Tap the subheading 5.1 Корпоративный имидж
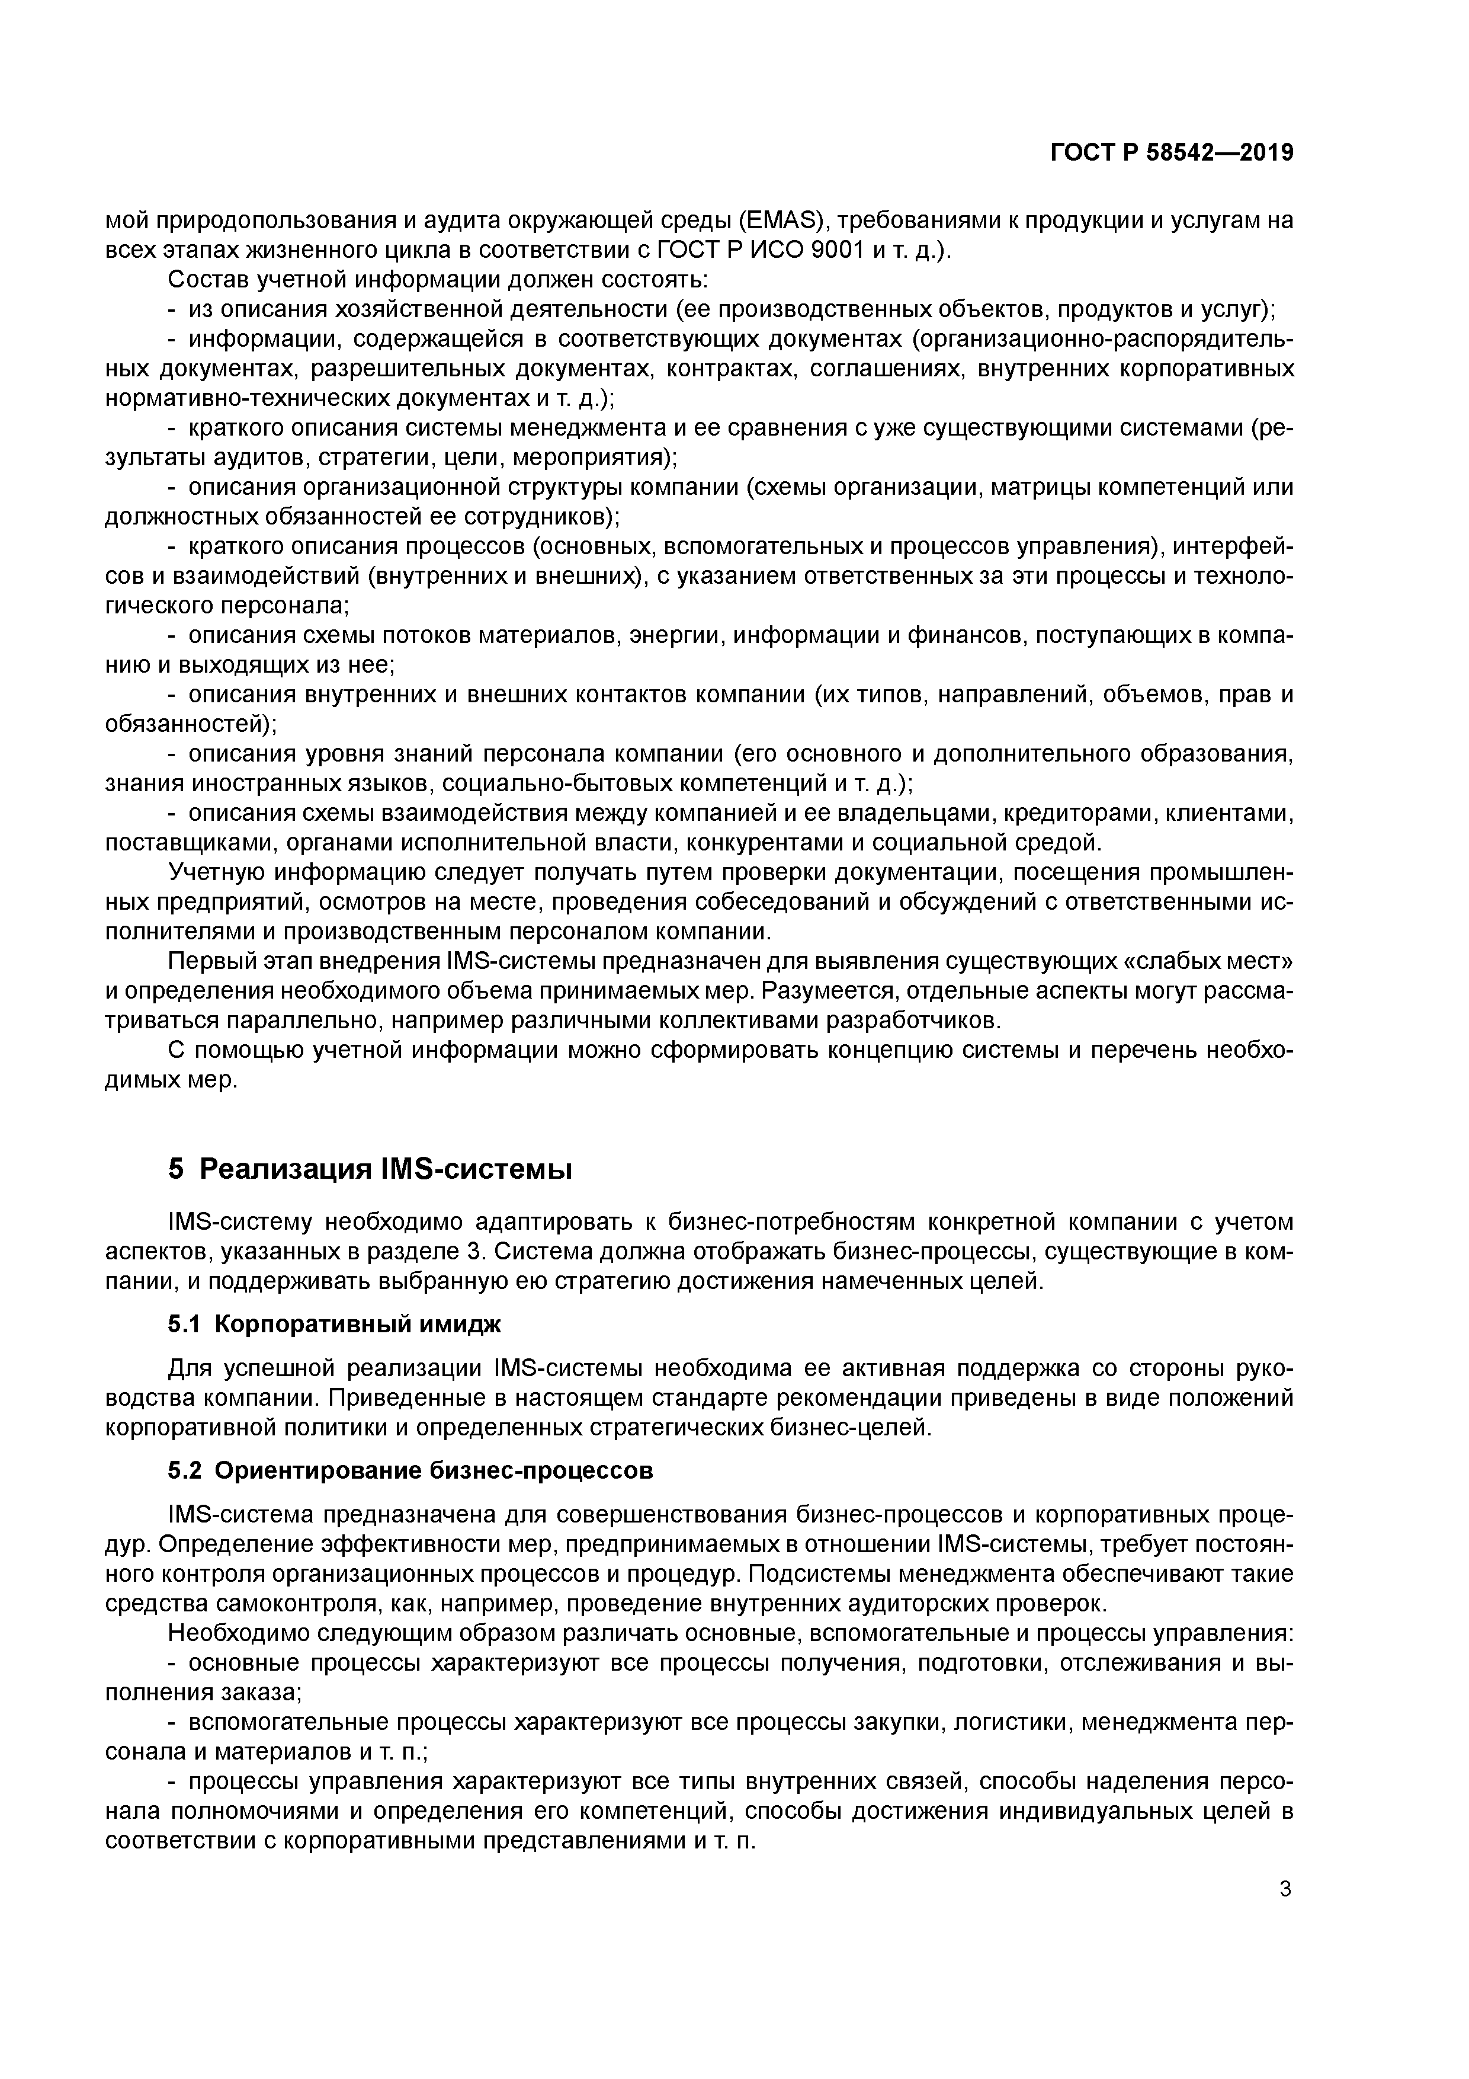(x=334, y=1325)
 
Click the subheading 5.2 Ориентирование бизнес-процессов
(x=410, y=1470)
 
